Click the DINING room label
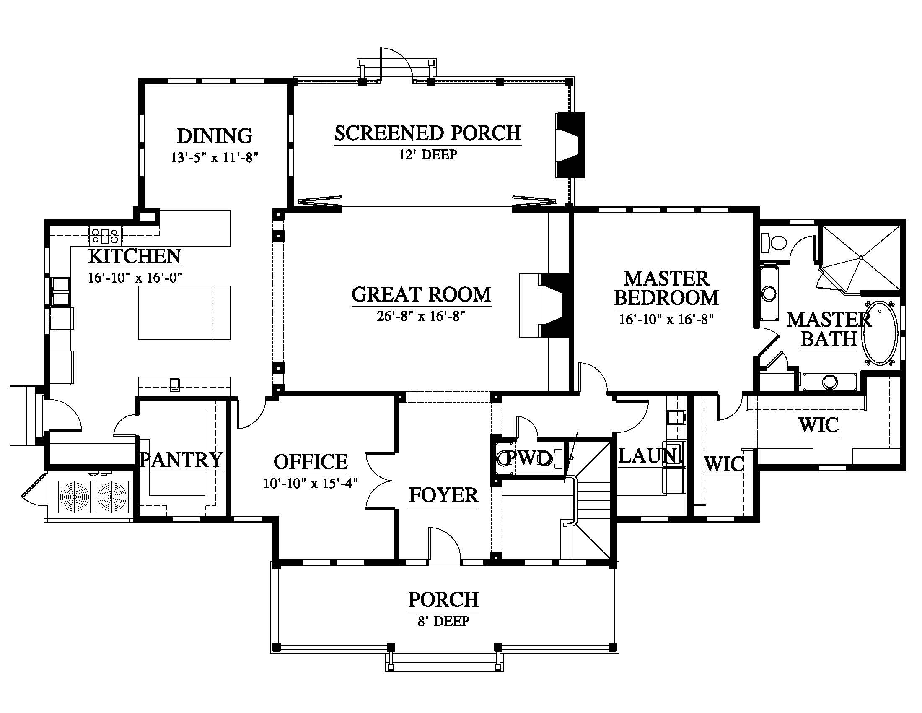tap(215, 136)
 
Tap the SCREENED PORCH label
tap(427, 133)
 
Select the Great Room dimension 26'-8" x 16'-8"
tap(421, 316)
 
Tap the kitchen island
tap(184, 312)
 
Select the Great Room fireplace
tap(545, 305)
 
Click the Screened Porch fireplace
tap(570, 145)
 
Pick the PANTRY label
tap(181, 460)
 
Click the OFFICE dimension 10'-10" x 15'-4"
tap(311, 483)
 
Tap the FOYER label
tap(443, 495)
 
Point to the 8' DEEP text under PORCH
tap(443, 621)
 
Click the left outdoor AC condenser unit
tap(74, 497)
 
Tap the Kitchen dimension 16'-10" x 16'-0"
tap(135, 278)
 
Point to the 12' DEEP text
tap(427, 155)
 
